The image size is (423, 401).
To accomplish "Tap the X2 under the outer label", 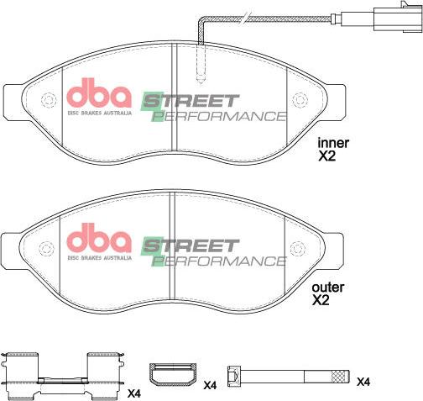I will pyautogui.click(x=322, y=300).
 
